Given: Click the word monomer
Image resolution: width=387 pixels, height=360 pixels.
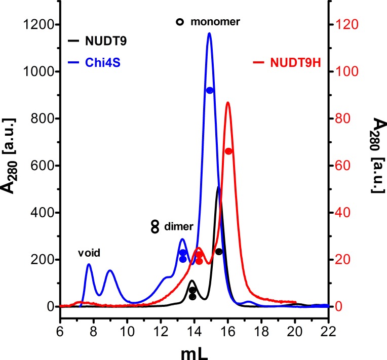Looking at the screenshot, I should pyautogui.click(x=215, y=22).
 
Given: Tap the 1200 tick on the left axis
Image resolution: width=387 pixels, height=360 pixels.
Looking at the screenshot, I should pyautogui.click(x=38, y=25).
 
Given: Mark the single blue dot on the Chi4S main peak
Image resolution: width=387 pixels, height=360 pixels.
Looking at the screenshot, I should pyautogui.click(x=210, y=90).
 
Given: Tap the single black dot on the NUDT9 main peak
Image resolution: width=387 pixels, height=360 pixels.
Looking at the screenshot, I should pyautogui.click(x=219, y=252).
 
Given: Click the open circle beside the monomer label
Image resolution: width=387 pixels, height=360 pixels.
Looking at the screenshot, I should pyautogui.click(x=179, y=22).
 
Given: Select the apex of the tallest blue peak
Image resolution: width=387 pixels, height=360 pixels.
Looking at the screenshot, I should pyautogui.click(x=209, y=34).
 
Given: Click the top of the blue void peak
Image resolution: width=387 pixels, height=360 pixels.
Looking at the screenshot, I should pyautogui.click(x=89, y=264).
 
